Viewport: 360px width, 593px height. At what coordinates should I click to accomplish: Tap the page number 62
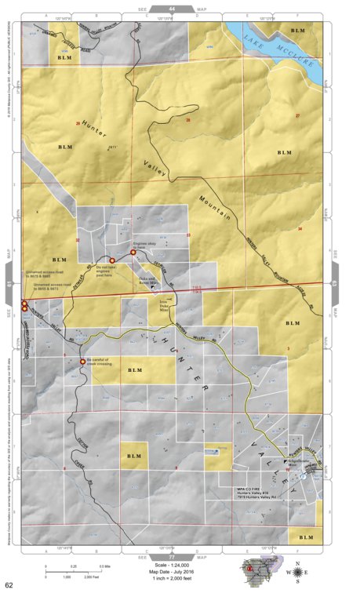pos(9,585)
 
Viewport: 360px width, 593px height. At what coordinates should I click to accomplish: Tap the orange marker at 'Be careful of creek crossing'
pos(83,362)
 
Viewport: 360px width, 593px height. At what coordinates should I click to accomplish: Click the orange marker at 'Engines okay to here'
pos(133,253)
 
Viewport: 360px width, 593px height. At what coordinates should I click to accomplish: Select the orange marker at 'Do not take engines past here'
pos(111,260)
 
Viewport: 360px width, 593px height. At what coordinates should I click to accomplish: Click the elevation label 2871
pos(112,146)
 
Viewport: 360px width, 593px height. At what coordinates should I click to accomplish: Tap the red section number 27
pos(297,116)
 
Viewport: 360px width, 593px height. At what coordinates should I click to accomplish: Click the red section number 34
pos(300,228)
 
